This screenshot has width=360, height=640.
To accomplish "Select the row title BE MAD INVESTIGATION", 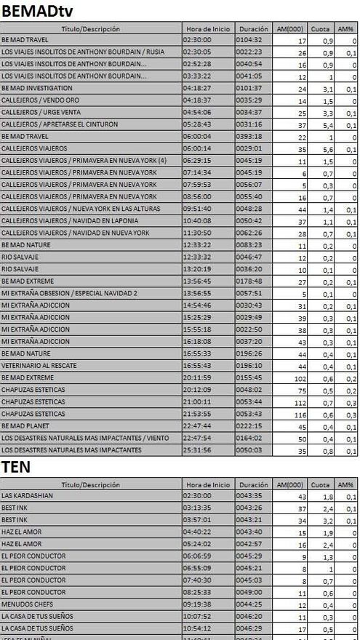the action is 32,88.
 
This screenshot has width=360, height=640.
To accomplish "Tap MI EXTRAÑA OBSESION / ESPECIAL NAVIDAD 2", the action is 69,293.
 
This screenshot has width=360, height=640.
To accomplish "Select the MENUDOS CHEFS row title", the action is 28,604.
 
